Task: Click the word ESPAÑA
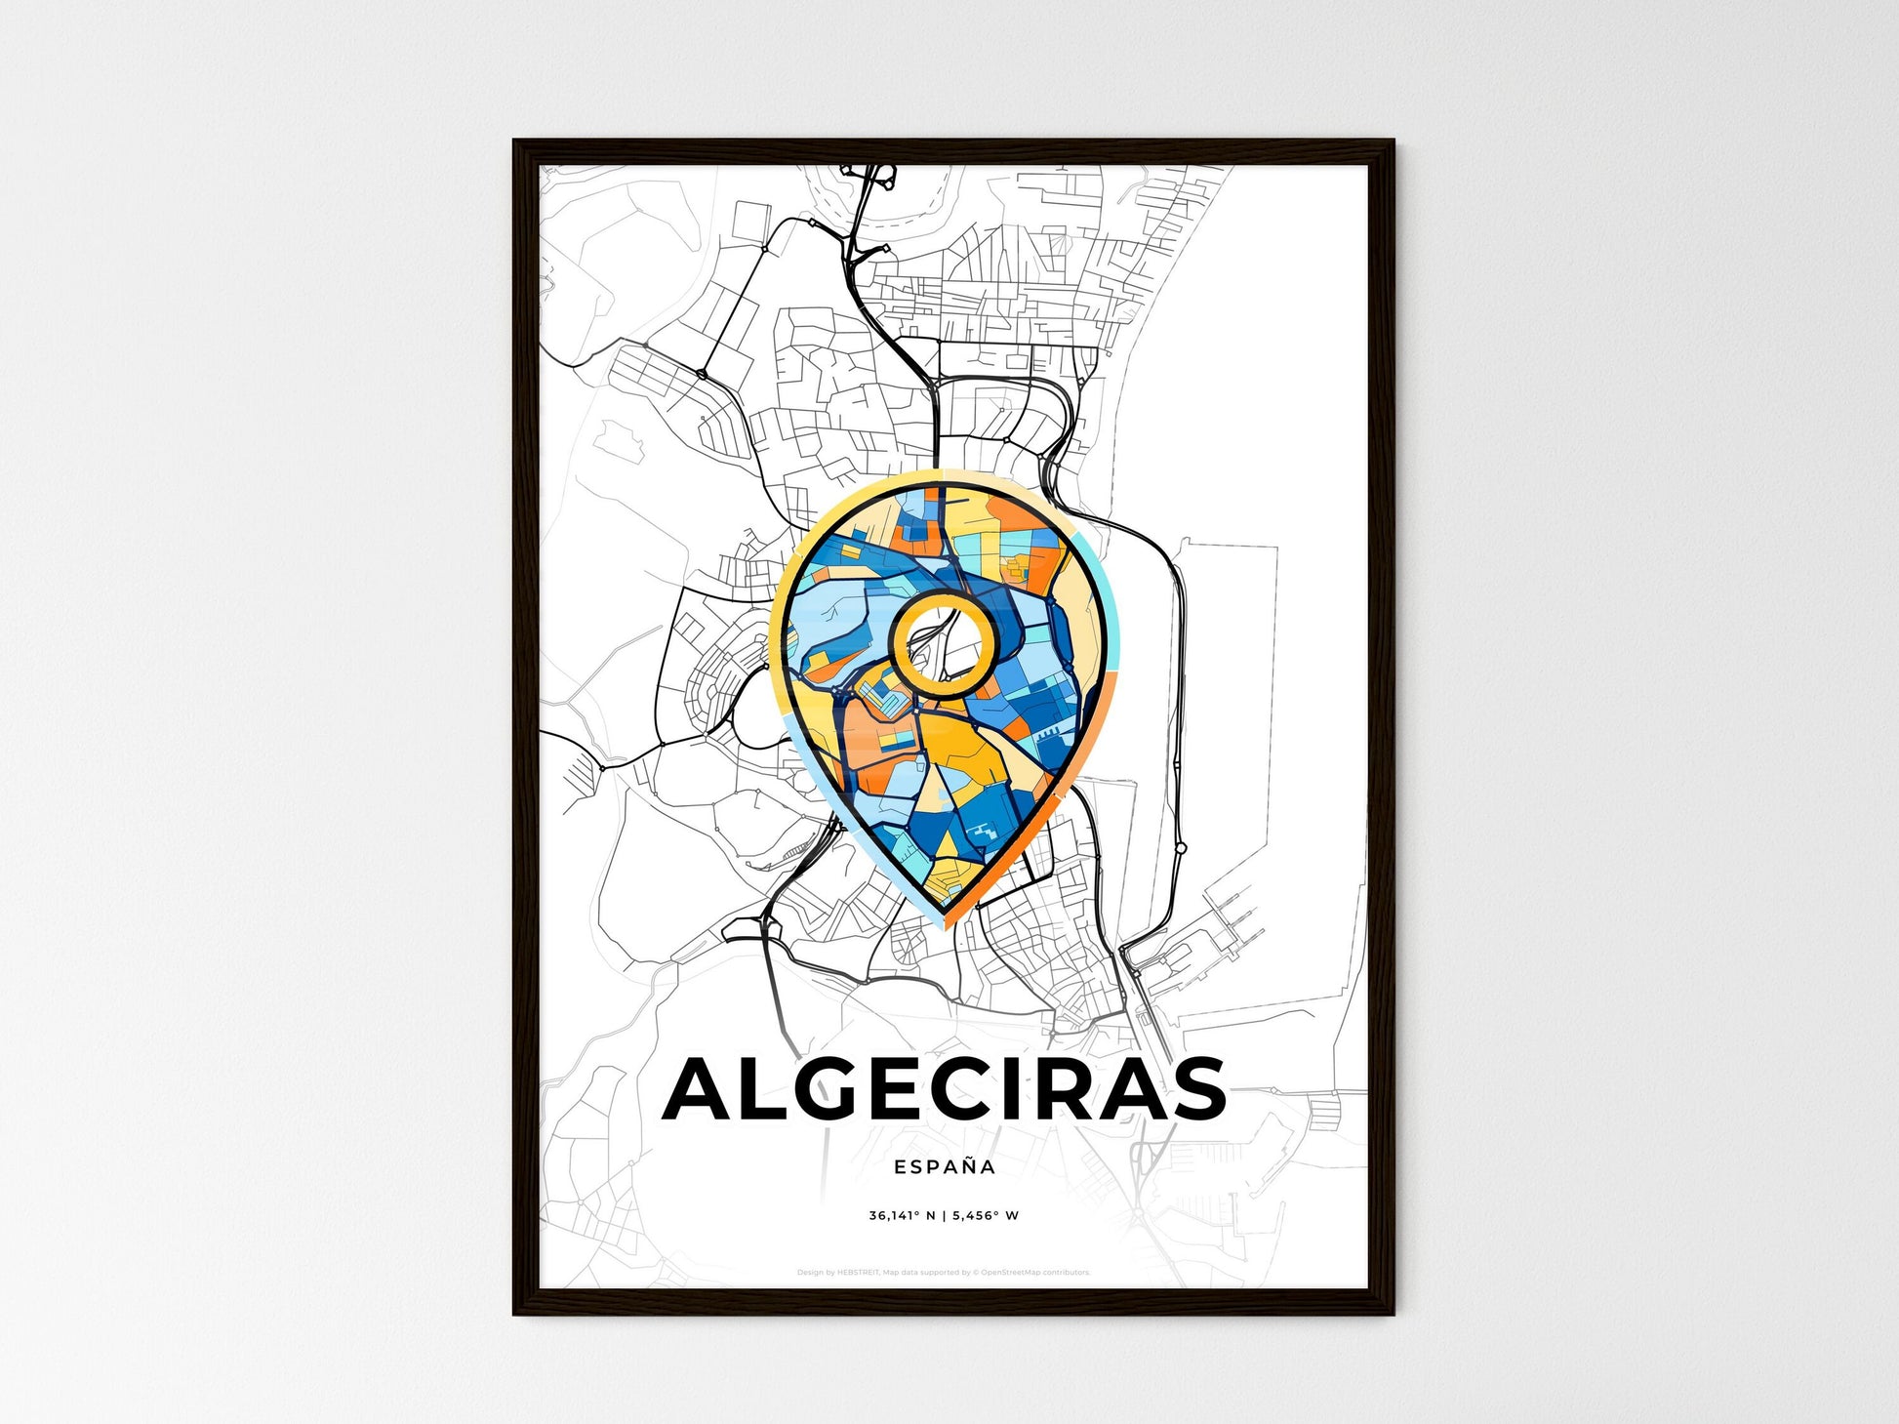click(x=945, y=1166)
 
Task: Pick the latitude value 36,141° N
click(x=903, y=1216)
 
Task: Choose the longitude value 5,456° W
click(x=986, y=1216)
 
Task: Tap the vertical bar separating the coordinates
click(x=945, y=1216)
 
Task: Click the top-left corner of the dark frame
click(x=515, y=142)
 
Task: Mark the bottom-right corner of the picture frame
click(x=1393, y=1313)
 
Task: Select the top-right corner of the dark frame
click(x=1393, y=142)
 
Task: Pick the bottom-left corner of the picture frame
click(x=515, y=1313)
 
